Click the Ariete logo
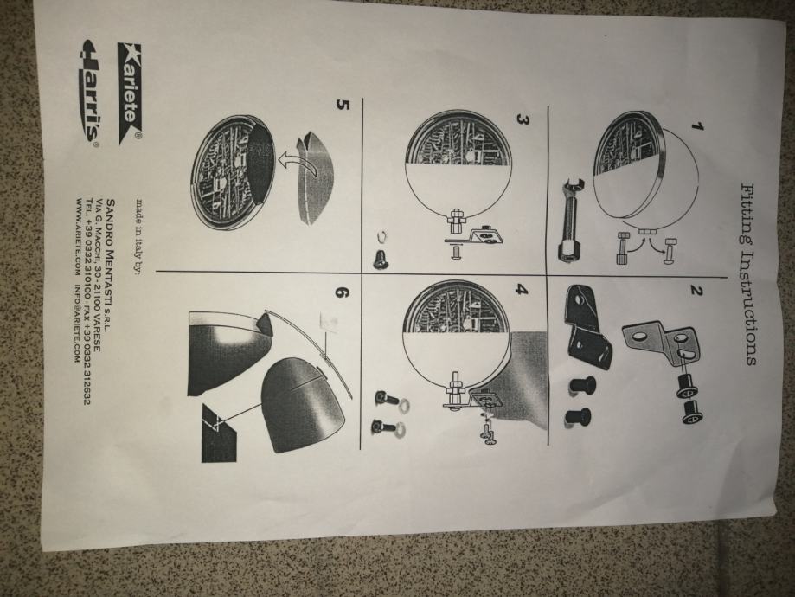point(131,93)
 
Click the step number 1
point(697,126)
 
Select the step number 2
point(696,291)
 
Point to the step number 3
point(523,119)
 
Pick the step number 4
point(522,290)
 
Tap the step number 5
point(343,105)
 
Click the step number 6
point(343,292)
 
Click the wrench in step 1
point(573,221)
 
